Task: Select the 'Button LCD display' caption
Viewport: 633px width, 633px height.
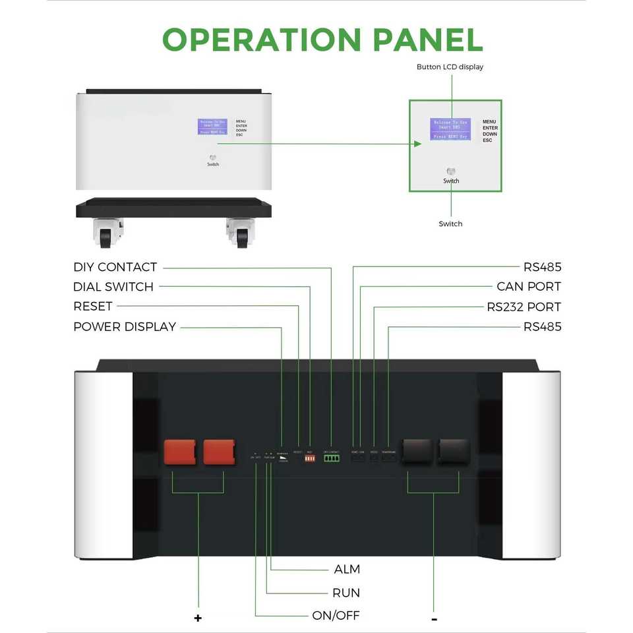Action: coord(450,67)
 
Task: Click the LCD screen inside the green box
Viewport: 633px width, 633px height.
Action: coord(450,129)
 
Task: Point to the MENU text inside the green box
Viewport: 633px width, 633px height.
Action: coord(489,122)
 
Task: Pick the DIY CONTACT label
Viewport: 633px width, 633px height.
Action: coord(115,267)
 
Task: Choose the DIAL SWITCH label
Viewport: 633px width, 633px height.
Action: coord(113,287)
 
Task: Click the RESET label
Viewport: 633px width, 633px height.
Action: coord(93,307)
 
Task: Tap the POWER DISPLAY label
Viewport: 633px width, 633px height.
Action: coord(125,326)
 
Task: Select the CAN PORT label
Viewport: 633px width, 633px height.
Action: coord(529,287)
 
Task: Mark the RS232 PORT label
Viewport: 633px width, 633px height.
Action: coord(524,307)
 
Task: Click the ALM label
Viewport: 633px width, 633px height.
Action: coord(347,569)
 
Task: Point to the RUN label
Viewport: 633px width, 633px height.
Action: coord(346,593)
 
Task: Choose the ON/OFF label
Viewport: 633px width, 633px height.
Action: coord(336,616)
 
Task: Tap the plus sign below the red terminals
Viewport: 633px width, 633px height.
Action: coord(198,618)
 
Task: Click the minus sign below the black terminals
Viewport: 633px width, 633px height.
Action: coord(434,618)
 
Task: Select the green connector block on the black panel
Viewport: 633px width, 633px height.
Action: coord(331,458)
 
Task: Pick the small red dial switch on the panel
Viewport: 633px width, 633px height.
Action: coord(310,458)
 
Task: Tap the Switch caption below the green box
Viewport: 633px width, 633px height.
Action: coord(450,224)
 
